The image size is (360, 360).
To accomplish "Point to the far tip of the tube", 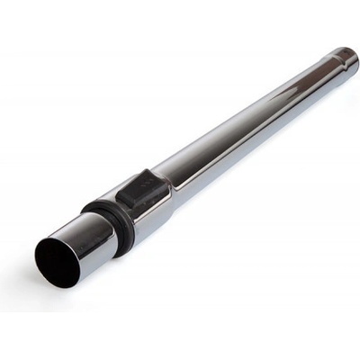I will click(x=349, y=57).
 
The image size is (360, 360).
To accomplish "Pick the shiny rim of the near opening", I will click(x=41, y=245).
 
